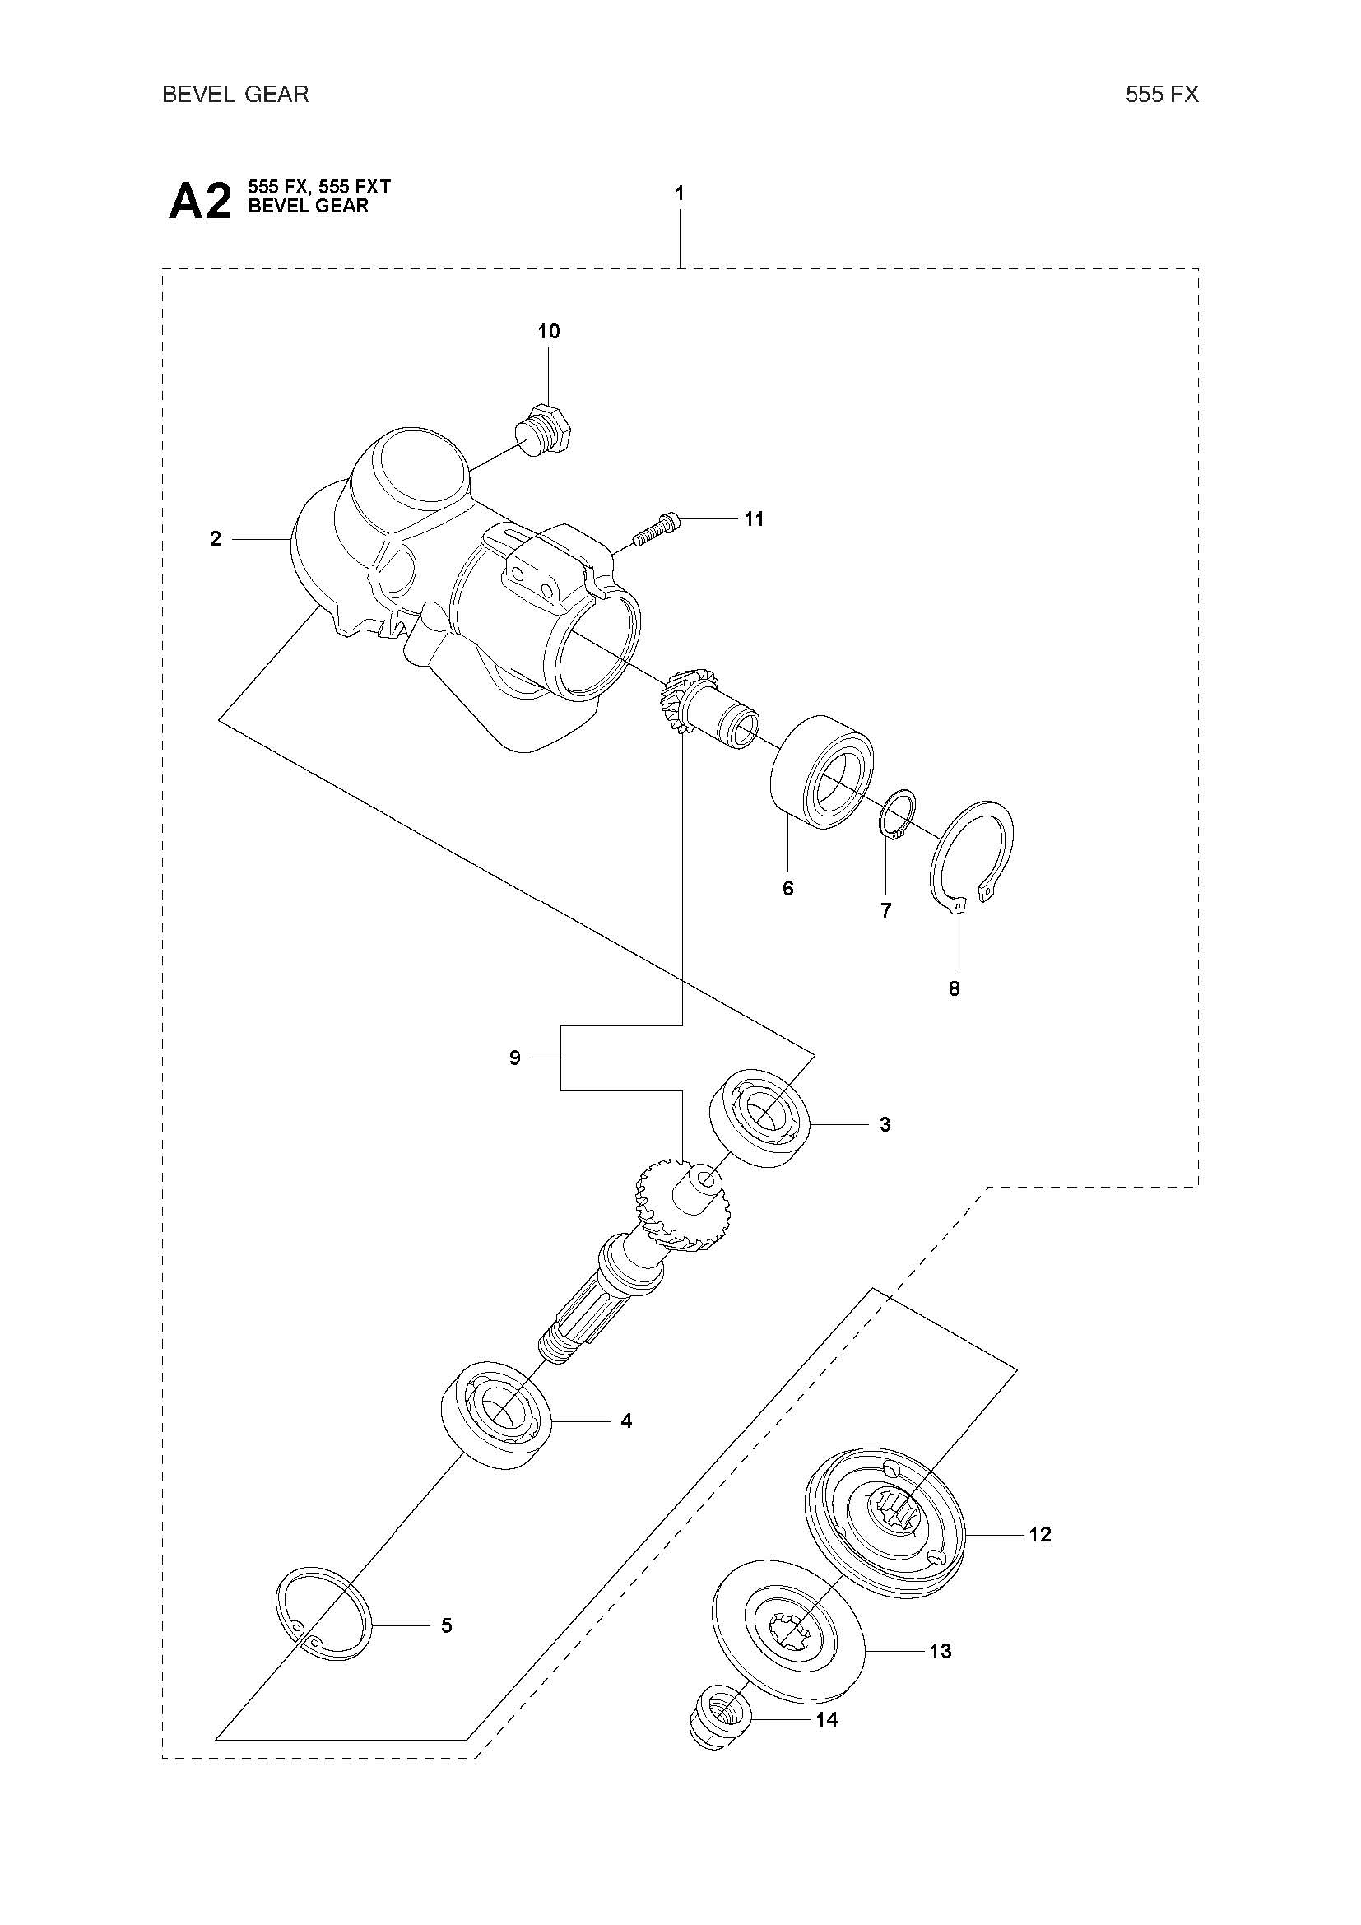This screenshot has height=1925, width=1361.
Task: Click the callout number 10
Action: (548, 331)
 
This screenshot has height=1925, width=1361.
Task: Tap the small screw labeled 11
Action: (657, 528)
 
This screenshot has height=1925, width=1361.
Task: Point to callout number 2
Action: (216, 539)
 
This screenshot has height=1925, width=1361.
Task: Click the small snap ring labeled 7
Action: (898, 813)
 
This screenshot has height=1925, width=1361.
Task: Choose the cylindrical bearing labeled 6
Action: (821, 772)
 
